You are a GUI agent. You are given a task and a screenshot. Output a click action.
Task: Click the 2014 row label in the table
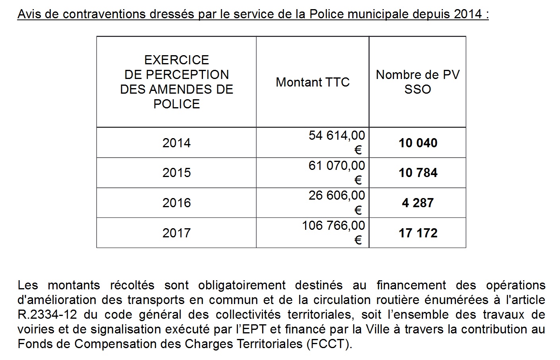tap(176, 143)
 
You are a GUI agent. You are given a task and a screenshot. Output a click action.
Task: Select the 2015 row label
tap(176, 173)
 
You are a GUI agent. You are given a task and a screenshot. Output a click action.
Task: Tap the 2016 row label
tap(176, 203)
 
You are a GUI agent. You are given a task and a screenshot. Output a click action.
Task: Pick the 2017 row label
tap(176, 233)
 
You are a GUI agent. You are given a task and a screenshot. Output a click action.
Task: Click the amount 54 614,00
tap(336, 136)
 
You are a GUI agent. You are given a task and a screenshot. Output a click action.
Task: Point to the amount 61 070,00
tap(336, 166)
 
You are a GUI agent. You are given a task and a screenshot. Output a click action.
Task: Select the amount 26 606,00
tap(336, 195)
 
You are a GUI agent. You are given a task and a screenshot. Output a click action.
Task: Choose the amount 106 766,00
tap(333, 225)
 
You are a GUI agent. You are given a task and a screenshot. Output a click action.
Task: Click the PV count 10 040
tap(418, 143)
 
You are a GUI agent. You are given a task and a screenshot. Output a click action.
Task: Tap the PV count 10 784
tap(418, 173)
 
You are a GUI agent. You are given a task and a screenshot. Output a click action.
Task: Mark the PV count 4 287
tap(418, 203)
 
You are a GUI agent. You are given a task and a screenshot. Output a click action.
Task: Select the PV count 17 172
tap(418, 233)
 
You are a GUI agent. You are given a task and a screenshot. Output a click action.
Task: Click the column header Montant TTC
tap(313, 82)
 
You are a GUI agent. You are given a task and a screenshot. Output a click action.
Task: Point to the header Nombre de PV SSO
tap(418, 82)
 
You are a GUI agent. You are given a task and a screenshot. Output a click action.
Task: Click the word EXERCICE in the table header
tap(176, 60)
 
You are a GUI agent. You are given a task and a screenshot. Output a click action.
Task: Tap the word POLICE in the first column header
tap(176, 104)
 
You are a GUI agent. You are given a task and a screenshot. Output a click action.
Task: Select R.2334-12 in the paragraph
tap(50, 315)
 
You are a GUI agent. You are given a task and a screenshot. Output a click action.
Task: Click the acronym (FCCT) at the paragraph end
tap(329, 344)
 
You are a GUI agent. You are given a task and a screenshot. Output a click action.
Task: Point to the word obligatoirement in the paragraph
tap(242, 285)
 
